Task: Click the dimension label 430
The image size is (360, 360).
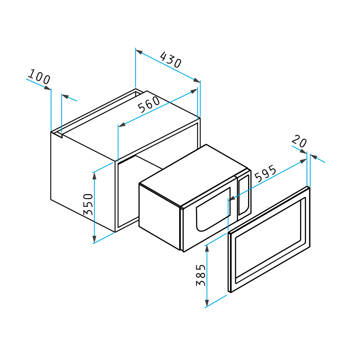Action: point(171,60)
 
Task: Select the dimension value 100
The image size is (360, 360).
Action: point(39,77)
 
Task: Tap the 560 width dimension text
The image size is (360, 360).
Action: point(149,104)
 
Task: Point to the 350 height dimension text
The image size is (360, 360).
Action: point(88,204)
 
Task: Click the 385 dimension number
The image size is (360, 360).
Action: point(201,275)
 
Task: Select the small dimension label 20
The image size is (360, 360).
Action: point(299,141)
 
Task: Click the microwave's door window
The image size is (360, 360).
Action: point(213,209)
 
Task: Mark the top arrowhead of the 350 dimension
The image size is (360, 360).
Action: point(94,176)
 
